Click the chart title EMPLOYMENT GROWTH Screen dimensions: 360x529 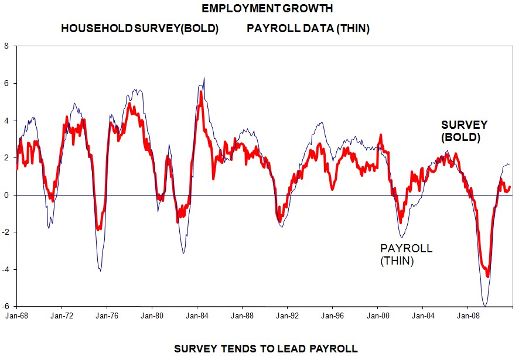pyautogui.click(x=267, y=9)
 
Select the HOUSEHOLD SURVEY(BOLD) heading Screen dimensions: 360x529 pyautogui.click(x=139, y=29)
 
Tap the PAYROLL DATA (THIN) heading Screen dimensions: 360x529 pyautogui.click(x=308, y=29)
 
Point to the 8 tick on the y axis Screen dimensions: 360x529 pyautogui.click(x=6, y=46)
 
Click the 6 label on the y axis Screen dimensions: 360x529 pyautogui.click(x=6, y=83)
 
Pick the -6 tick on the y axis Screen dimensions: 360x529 pyautogui.click(x=5, y=306)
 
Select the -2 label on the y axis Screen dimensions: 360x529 pyautogui.click(x=5, y=232)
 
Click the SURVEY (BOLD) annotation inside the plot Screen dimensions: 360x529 pyautogui.click(x=464, y=132)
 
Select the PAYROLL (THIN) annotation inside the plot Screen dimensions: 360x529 pyautogui.click(x=407, y=255)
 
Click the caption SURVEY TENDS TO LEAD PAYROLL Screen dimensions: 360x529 pyautogui.click(x=266, y=349)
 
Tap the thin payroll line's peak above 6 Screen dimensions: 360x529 pyautogui.click(x=204, y=78)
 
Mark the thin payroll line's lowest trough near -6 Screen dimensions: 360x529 pyautogui.click(x=485, y=306)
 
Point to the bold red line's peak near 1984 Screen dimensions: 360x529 pyautogui.click(x=201, y=92)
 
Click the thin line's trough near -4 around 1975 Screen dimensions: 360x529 pyautogui.click(x=100, y=270)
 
